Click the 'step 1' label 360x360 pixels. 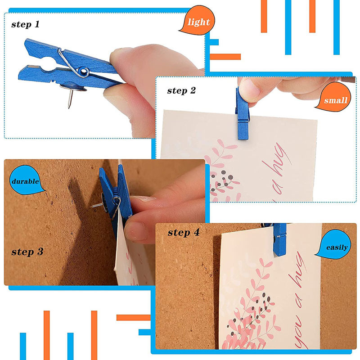coord(26,24)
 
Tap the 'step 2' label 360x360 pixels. coord(181,90)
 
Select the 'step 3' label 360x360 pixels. coord(27,252)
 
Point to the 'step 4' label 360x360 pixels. coord(184,233)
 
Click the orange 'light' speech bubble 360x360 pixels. coord(198,21)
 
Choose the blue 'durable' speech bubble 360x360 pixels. coord(26,180)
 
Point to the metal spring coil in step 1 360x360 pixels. coord(83,72)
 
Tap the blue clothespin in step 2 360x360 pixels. coord(242,114)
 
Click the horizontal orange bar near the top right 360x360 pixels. coord(225,57)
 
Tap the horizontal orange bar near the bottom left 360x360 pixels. coord(133,318)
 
